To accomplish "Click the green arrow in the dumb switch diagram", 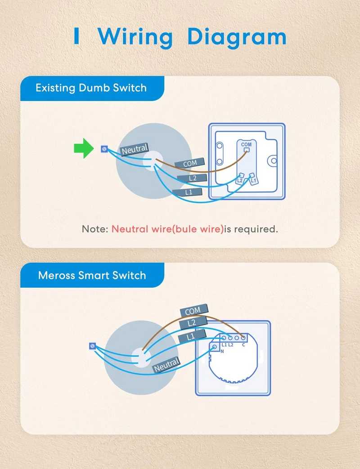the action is coord(84,148).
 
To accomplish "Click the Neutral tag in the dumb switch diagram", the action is coord(135,149).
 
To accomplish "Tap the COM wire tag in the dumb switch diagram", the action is coord(190,163).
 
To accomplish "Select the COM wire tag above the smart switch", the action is coord(193,311).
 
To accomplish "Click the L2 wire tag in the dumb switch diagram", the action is coord(192,178).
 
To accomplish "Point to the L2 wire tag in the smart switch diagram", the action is coord(193,323).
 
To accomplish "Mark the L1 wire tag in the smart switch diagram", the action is coord(192,337).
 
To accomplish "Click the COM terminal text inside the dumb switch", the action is coord(246,144).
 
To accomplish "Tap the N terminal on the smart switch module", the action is coord(214,347).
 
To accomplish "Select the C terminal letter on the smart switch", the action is coord(243,345).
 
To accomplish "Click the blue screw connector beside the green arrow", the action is coord(104,149).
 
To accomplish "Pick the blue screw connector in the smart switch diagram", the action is coord(92,346).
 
